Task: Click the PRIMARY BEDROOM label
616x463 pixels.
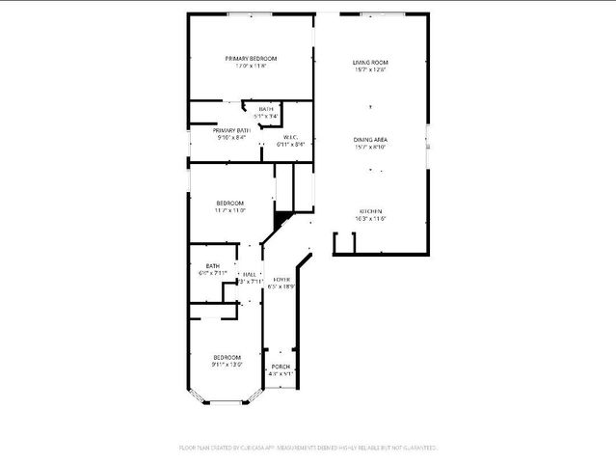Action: coord(251,59)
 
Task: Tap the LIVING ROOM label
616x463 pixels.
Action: coord(370,62)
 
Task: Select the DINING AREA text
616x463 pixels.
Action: coord(370,140)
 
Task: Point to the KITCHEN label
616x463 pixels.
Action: coord(371,211)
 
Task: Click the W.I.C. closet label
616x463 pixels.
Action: coord(290,137)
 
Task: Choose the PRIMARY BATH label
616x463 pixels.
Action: coord(232,130)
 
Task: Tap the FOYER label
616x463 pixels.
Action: coord(281,279)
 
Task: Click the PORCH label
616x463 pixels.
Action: coord(281,367)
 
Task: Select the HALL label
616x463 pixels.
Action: coord(250,274)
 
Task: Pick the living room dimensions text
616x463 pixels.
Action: coord(370,69)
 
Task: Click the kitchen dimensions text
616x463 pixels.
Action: coord(371,219)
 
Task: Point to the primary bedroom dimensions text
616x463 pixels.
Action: coord(251,67)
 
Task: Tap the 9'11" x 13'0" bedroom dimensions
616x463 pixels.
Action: coord(228,365)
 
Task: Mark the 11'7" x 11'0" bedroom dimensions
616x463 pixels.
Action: coord(229,210)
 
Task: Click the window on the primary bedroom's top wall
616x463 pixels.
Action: coord(245,14)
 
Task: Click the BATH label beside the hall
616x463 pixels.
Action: coord(212,265)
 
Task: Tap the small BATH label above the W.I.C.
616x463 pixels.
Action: coord(265,109)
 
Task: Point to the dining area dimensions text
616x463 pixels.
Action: coord(370,148)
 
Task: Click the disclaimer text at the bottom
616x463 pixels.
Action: coord(308,448)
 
